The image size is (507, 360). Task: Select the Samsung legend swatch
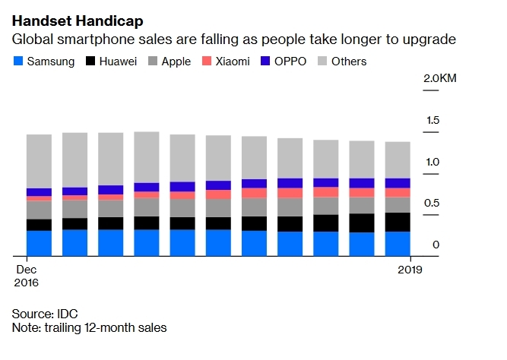(17, 62)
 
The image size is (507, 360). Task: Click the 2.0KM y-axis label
(440, 79)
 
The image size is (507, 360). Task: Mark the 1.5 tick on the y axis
(433, 120)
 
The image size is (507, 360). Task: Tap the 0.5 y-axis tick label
(433, 203)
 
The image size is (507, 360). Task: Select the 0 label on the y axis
(436, 245)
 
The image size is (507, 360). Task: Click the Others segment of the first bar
(39, 161)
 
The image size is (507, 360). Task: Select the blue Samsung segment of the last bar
(398, 243)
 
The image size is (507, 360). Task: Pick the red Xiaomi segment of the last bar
(398, 192)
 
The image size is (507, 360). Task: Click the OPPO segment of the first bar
(39, 192)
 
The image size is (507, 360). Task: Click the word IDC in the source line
(67, 314)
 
